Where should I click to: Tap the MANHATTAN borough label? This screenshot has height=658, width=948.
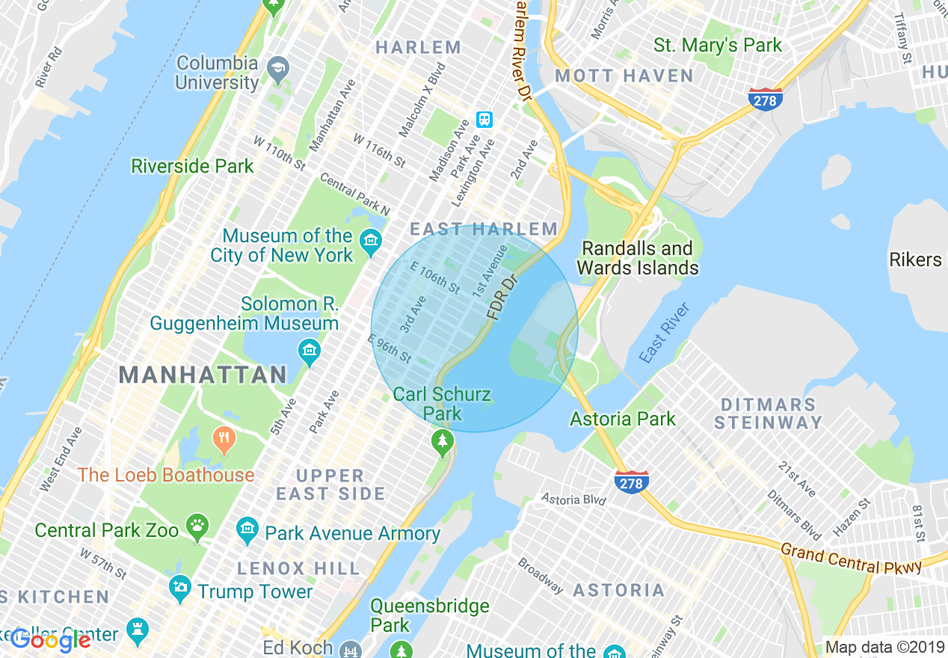tap(203, 375)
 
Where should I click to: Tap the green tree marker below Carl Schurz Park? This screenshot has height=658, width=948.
tap(443, 444)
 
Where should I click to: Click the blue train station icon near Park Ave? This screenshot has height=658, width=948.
tap(484, 120)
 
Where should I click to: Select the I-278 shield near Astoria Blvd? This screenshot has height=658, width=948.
tap(631, 482)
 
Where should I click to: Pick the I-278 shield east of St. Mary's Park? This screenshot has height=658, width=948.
tap(765, 99)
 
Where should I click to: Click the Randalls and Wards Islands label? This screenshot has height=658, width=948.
tap(637, 258)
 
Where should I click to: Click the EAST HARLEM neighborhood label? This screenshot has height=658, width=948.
tap(483, 229)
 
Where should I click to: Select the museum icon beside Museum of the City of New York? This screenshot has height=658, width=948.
tap(369, 241)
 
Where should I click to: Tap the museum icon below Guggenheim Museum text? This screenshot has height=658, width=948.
tap(309, 350)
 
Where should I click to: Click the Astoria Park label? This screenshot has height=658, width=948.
tap(622, 419)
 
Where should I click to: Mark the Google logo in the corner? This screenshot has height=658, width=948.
tap(50, 639)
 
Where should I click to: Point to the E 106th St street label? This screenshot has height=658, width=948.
tap(435, 277)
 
